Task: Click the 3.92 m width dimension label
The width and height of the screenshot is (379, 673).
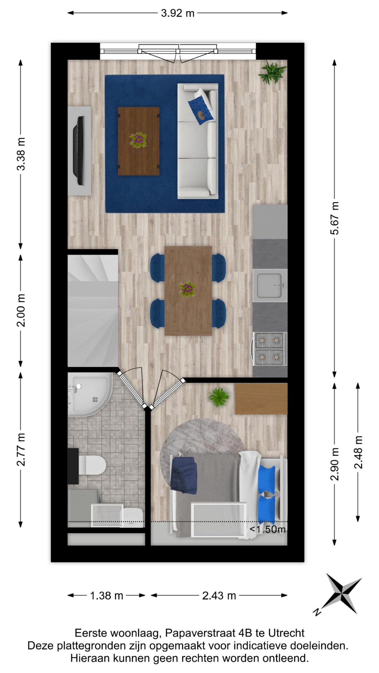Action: coord(178,13)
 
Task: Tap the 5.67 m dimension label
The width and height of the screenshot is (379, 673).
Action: coord(335,218)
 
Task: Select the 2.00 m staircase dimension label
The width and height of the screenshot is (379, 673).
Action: coord(21,310)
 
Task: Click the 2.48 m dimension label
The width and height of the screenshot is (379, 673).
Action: coord(358,452)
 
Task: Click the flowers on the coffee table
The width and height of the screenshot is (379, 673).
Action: coord(138,140)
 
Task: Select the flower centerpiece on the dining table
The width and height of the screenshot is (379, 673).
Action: coord(187,289)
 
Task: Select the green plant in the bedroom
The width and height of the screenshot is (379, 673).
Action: coord(218,397)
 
